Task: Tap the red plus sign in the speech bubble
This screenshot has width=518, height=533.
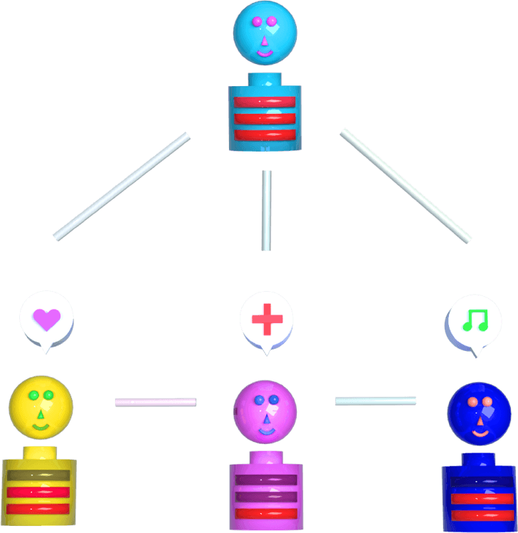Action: point(268,320)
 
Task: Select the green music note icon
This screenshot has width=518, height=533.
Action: point(475,321)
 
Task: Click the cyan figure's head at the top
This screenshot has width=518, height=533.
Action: point(265,33)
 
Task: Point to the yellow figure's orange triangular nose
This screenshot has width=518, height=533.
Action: point(41,413)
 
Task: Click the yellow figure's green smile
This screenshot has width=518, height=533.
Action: point(41,426)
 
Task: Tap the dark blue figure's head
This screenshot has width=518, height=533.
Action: point(479,413)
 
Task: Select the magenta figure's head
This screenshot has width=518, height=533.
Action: point(265,412)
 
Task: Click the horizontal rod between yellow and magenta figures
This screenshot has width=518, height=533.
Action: point(155,402)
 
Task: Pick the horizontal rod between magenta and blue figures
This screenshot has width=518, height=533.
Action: point(376,401)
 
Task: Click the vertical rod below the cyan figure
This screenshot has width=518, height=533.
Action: point(266,210)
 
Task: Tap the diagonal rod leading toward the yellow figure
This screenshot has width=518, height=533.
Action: point(122,186)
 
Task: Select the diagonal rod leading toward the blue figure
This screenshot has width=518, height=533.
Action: point(406,185)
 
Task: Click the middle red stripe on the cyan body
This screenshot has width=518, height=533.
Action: point(265,118)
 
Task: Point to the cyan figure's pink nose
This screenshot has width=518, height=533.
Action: point(265,40)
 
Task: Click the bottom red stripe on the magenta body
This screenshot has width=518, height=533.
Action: point(265,513)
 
